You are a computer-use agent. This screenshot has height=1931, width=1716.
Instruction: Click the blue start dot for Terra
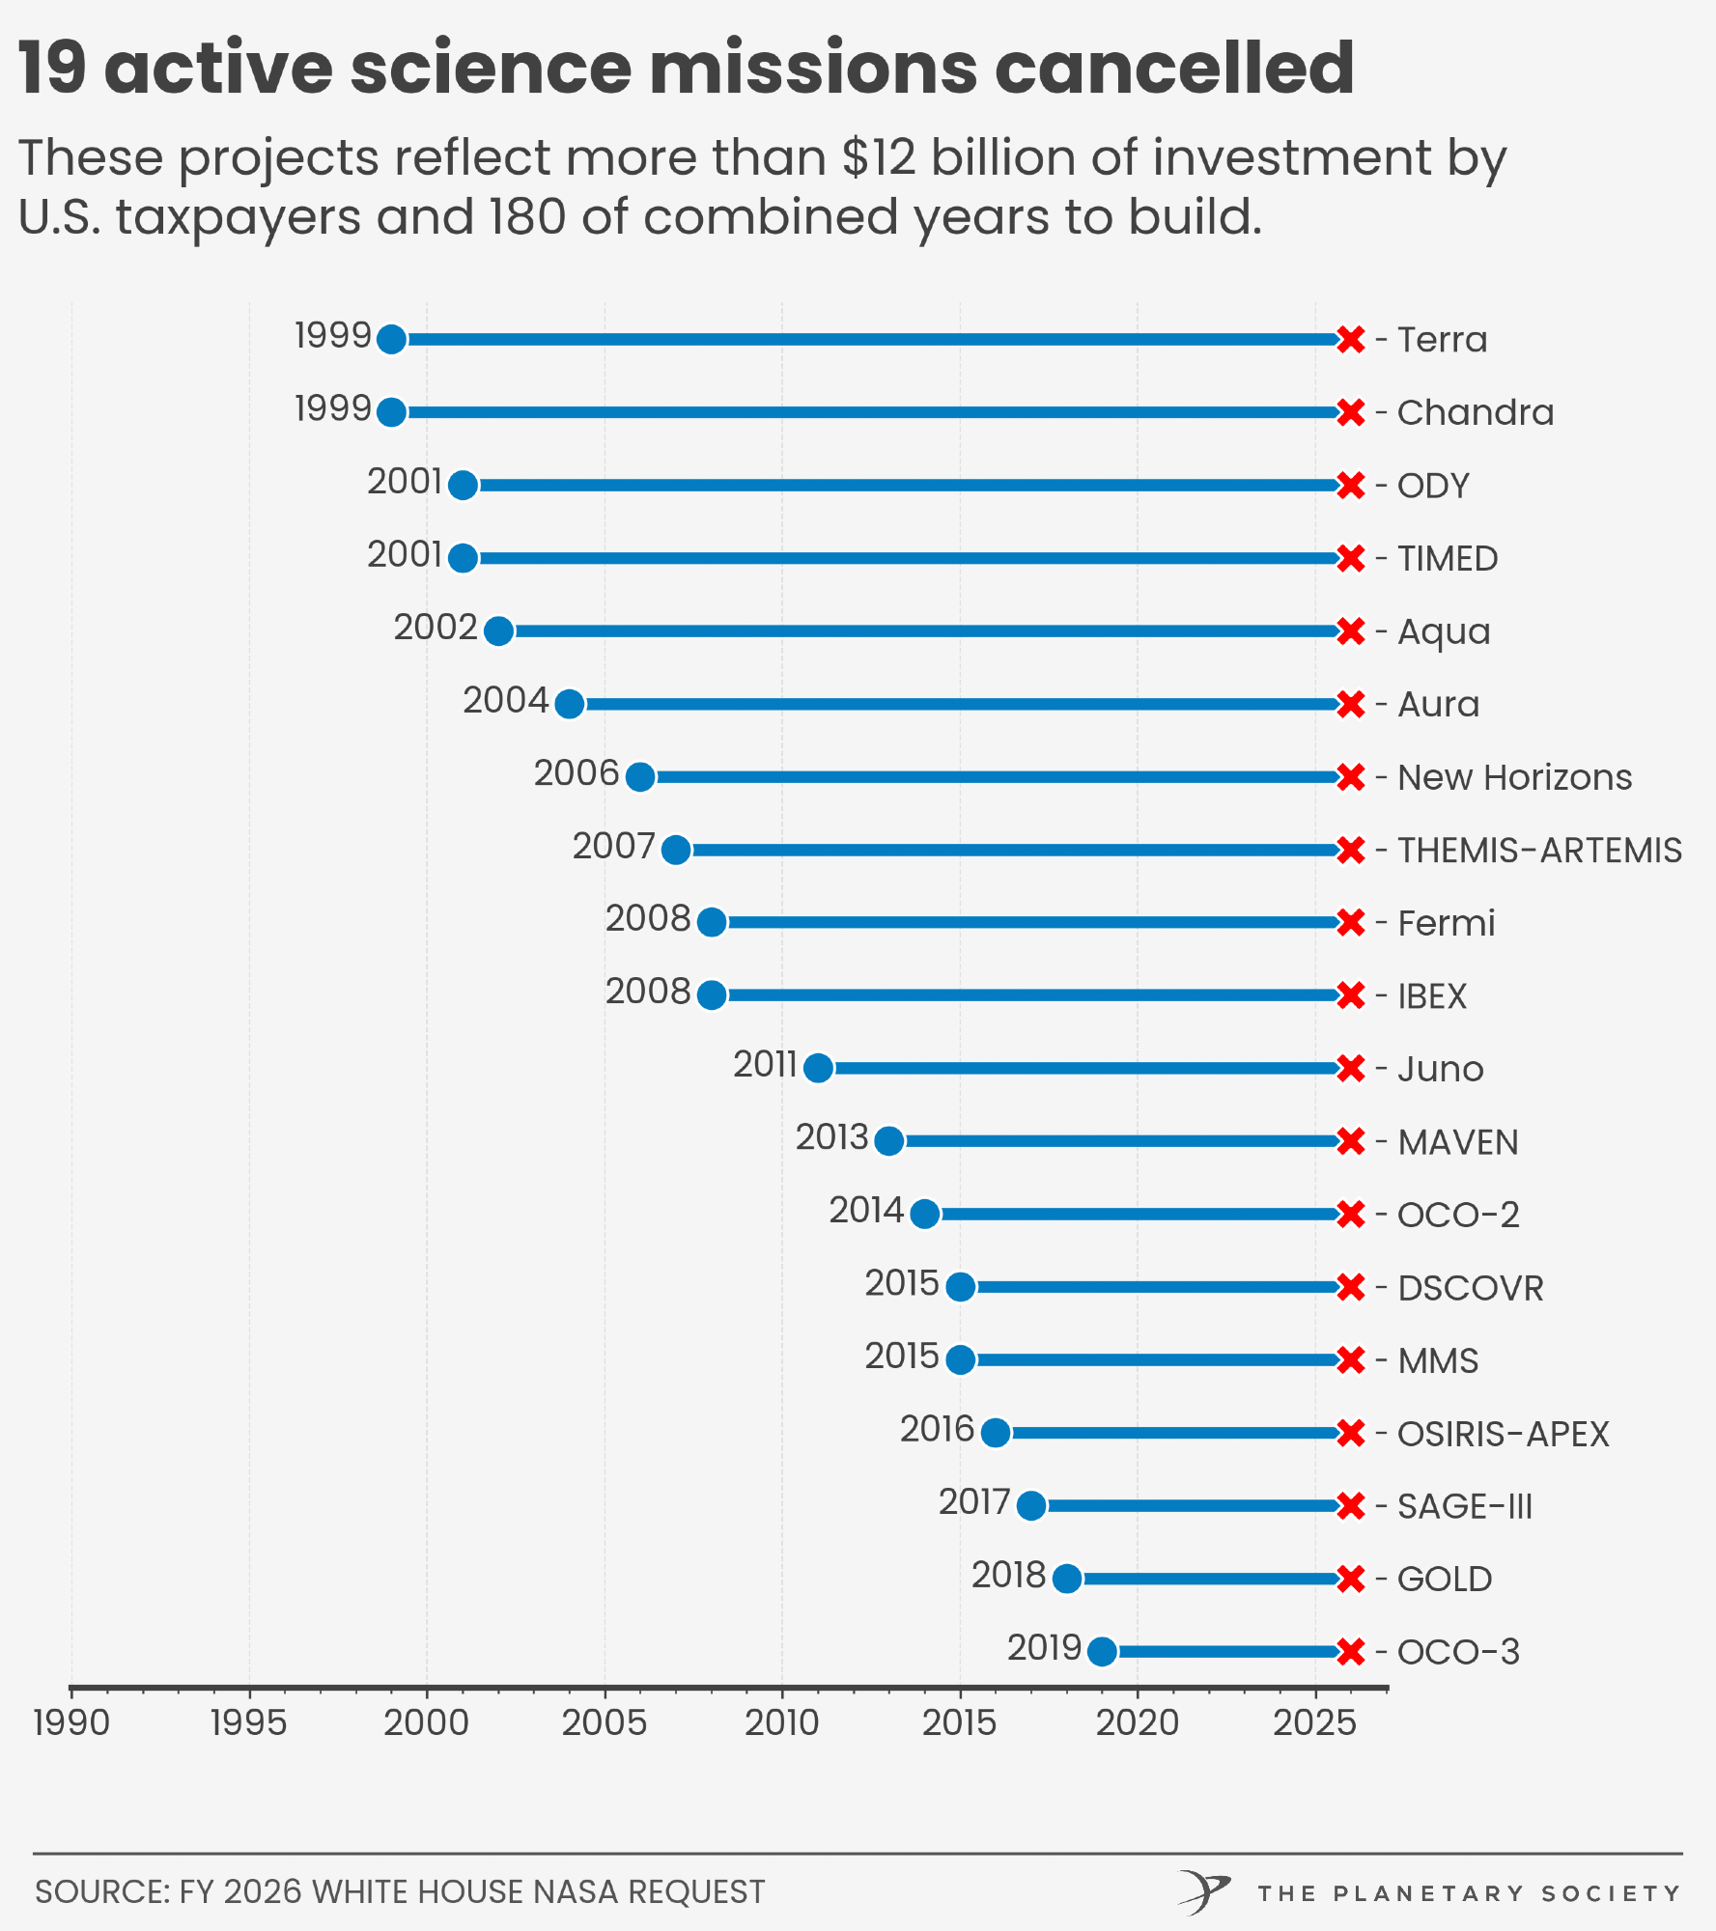point(391,339)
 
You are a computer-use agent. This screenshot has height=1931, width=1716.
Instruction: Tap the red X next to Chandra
point(1351,412)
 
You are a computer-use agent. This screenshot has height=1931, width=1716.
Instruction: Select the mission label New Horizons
point(1514,777)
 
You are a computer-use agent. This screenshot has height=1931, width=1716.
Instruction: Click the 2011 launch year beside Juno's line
point(765,1064)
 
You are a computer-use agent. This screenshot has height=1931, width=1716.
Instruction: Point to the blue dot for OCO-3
point(1102,1651)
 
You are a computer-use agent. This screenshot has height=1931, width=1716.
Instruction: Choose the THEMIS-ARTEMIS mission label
point(1539,850)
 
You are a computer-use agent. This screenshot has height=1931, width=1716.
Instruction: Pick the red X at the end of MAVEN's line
point(1351,1141)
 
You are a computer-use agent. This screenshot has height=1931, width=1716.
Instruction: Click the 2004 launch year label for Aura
point(505,700)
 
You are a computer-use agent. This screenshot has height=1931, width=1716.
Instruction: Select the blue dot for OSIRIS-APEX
point(996,1433)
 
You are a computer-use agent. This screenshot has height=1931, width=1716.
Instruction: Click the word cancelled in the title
point(1173,68)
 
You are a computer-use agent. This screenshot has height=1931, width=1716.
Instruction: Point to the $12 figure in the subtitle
point(878,157)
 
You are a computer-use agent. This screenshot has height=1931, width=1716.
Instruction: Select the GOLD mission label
point(1445,1579)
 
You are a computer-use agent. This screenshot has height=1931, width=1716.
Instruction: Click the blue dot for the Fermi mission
point(712,922)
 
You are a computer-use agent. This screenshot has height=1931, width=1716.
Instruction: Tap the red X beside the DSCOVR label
point(1351,1287)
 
